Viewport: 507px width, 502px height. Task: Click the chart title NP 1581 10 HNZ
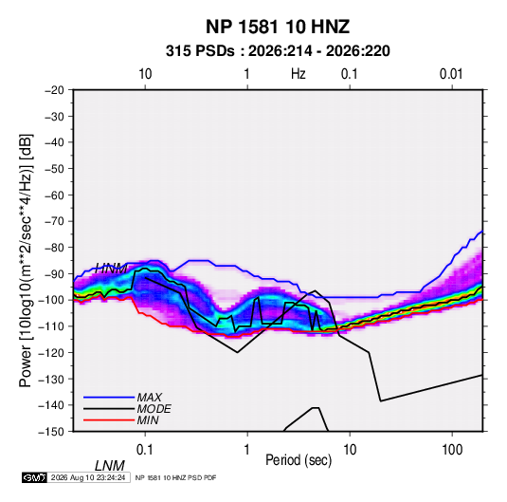pos(278,27)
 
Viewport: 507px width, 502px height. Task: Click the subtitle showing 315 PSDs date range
pos(278,51)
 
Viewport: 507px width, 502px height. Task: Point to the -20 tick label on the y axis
pos(54,90)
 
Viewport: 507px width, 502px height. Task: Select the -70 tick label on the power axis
pos(54,221)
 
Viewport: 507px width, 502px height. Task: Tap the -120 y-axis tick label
pos(52,353)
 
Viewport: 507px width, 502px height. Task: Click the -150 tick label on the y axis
pos(52,432)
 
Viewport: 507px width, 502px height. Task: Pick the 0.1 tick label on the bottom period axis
pos(145,450)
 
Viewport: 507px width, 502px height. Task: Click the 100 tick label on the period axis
pos(452,450)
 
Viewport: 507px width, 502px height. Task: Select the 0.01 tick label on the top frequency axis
pos(451,74)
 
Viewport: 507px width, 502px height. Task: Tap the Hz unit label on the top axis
pos(299,74)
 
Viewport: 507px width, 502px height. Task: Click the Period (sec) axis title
pos(299,460)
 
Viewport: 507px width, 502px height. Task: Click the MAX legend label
pos(150,398)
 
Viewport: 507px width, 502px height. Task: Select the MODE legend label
pos(154,409)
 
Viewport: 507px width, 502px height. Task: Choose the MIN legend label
pos(148,420)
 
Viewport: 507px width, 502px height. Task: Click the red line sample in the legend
pos(109,420)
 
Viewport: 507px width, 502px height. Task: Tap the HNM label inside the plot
pos(112,269)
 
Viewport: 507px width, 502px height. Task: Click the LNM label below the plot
pos(109,466)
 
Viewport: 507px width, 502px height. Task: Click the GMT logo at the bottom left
pos(34,477)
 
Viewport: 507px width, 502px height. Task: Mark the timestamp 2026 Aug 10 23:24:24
pos(88,477)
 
